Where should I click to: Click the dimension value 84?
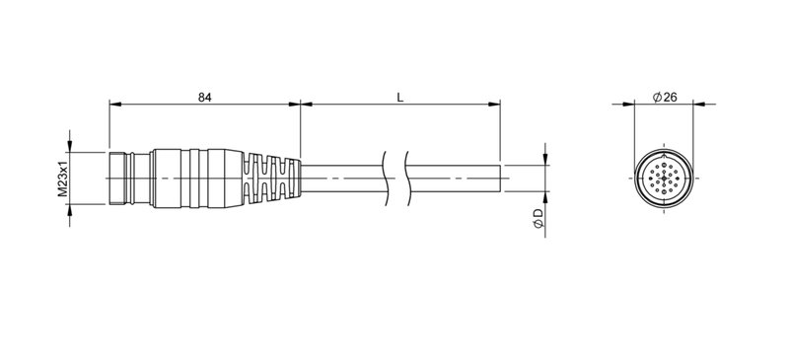[204, 97]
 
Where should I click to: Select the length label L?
[398, 97]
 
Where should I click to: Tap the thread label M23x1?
[61, 179]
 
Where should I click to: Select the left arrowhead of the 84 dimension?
[114, 104]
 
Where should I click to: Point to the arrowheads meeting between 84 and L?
[300, 104]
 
